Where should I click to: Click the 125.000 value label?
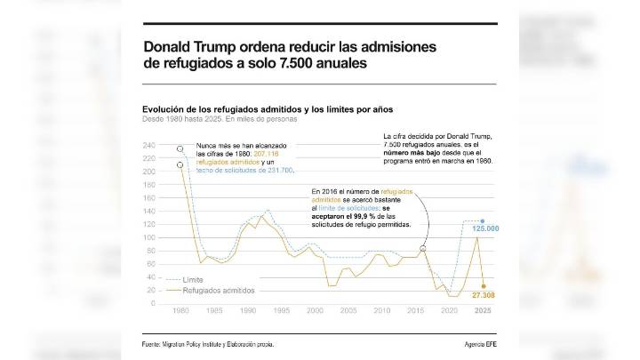(484, 230)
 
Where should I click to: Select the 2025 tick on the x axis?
(483, 310)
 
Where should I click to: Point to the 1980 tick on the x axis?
(180, 310)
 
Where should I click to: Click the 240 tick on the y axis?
(148, 145)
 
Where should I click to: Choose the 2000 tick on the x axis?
(315, 310)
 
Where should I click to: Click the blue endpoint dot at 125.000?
(483, 220)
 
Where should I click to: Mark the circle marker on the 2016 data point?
(422, 250)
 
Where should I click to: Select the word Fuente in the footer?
(155, 344)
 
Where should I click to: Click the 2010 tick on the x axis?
(381, 310)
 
